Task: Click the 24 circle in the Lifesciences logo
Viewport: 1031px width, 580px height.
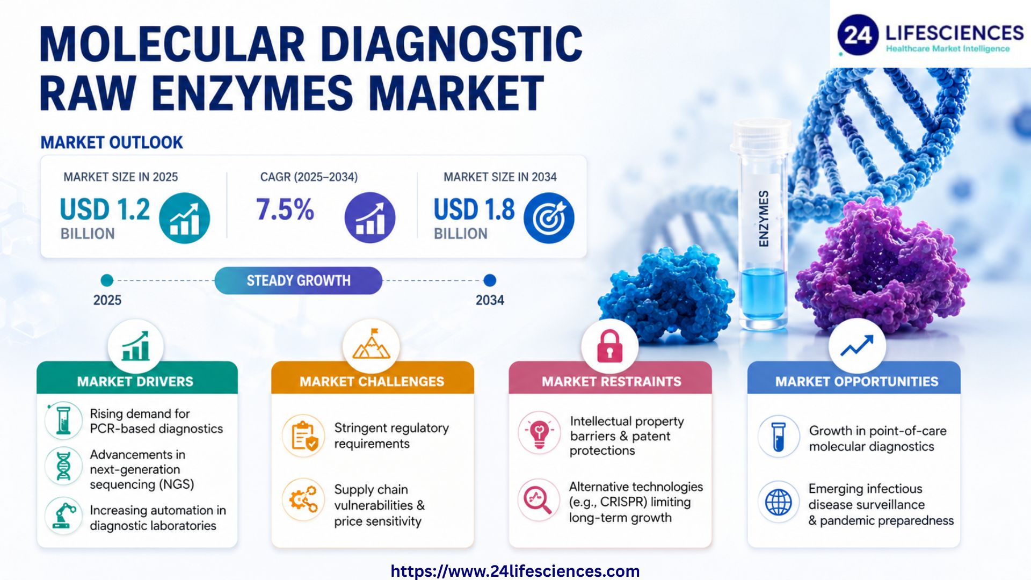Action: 858,35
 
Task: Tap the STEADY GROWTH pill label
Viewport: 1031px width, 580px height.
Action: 298,280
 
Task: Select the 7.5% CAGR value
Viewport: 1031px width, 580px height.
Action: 285,209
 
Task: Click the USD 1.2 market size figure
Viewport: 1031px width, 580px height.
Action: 105,209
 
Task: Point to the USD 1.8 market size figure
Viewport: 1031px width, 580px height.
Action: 474,209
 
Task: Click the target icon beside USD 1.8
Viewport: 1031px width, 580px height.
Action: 549,218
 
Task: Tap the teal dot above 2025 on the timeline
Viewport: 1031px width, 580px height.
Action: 107,280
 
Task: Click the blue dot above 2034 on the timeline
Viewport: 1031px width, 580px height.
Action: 490,280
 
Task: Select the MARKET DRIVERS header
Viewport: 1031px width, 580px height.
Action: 135,381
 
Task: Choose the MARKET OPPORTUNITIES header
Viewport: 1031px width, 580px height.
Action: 856,381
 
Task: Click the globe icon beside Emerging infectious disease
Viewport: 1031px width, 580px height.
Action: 779,503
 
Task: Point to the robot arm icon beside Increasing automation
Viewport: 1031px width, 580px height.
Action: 64,516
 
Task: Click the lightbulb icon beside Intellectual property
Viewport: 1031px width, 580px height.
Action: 539,433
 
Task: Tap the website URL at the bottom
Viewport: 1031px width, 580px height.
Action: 515,571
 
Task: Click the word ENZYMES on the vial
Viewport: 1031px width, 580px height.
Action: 763,219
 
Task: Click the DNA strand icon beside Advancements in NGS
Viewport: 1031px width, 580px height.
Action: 64,465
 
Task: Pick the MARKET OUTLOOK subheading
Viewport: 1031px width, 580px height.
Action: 112,142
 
